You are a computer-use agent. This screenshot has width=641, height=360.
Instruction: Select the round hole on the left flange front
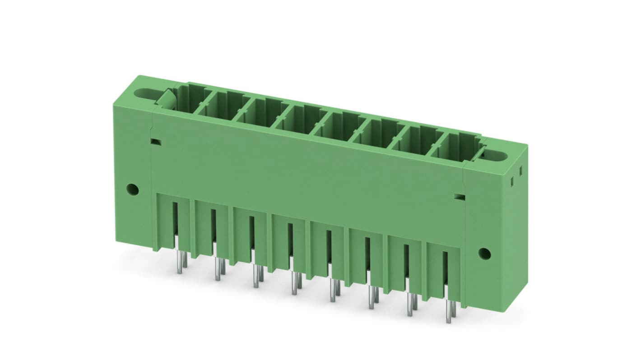[x=132, y=188]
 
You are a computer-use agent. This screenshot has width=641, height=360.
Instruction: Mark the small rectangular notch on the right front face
[x=459, y=197]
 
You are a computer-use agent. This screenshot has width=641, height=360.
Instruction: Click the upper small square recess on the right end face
[x=520, y=171]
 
